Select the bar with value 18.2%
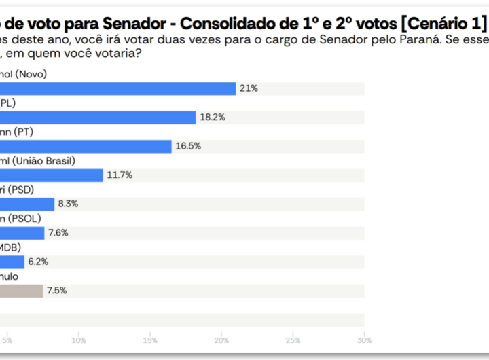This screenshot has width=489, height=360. pos(98,118)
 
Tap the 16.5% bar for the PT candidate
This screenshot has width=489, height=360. pos(86,146)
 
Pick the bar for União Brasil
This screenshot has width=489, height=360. pos(52,175)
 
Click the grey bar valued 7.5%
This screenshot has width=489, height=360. pos(21,291)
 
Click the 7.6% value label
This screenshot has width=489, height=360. pos(58,233)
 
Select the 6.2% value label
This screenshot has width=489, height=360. pos(39,262)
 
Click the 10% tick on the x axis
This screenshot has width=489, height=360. pos(78,340)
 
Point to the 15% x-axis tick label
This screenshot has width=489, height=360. pos(149,340)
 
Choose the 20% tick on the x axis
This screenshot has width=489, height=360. pos(221,340)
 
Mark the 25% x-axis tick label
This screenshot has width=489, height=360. pos(293,340)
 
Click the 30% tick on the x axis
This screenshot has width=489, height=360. pos(364,340)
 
